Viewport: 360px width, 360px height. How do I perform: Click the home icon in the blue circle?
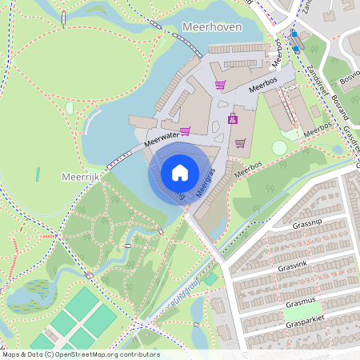coord(180,172)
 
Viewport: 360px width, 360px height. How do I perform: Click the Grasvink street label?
coord(294,266)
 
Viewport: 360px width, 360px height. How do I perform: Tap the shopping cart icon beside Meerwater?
coord(185,131)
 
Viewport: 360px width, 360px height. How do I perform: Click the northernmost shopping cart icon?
coord(220,85)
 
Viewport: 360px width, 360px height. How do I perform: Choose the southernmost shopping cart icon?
coord(240,144)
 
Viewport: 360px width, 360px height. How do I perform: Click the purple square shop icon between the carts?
coord(233,119)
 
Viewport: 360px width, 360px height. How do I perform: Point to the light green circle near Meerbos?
coord(279,148)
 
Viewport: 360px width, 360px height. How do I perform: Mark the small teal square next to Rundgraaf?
coord(210,279)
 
